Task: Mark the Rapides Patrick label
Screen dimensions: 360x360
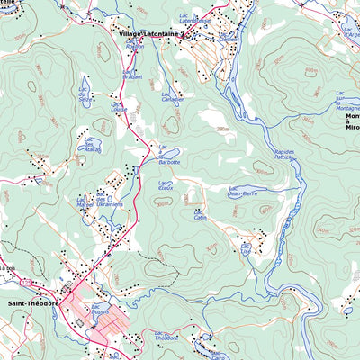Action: tap(284, 155)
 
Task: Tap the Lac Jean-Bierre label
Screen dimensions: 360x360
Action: tap(243, 190)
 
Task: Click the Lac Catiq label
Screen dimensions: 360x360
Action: tap(200, 217)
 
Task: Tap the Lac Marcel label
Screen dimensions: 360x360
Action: tap(85, 202)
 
